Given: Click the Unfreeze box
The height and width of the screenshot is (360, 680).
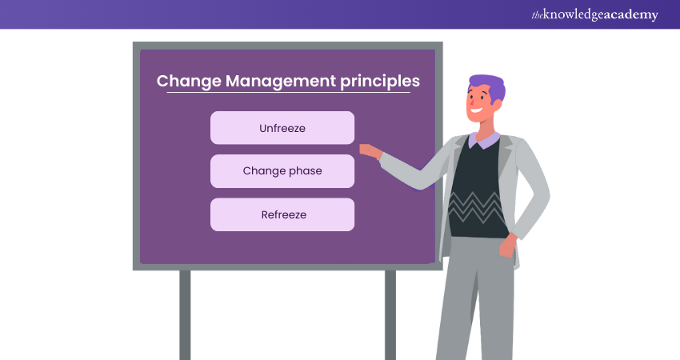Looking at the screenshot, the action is tap(282, 128).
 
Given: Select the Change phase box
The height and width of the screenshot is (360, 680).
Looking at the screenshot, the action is tap(282, 171).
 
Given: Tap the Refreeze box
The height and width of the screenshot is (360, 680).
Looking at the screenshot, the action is tap(282, 214).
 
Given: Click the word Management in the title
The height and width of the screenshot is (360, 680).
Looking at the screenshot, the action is tap(281, 81).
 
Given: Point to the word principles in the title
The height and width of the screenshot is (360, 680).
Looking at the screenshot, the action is tap(380, 82).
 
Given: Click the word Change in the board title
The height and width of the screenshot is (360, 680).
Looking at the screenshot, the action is tap(189, 81).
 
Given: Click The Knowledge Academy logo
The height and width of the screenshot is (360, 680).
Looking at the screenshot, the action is tap(595, 14).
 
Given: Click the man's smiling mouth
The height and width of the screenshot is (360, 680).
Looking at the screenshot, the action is tap(477, 110).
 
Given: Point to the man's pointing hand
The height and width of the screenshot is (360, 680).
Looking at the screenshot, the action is tap(370, 151).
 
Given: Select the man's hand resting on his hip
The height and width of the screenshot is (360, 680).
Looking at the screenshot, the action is tap(507, 246).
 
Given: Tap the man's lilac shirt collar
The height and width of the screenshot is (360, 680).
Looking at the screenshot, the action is tap(485, 140).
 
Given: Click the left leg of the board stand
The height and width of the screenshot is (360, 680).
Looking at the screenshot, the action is tap(185, 315).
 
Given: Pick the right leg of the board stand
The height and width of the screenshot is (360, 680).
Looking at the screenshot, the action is tap(390, 315).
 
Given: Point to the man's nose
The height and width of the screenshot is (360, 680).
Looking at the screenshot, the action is tap(470, 102).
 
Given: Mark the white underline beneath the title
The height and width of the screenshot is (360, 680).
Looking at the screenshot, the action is tap(288, 92).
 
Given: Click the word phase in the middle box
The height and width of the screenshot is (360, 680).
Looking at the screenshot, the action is tap(306, 171).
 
